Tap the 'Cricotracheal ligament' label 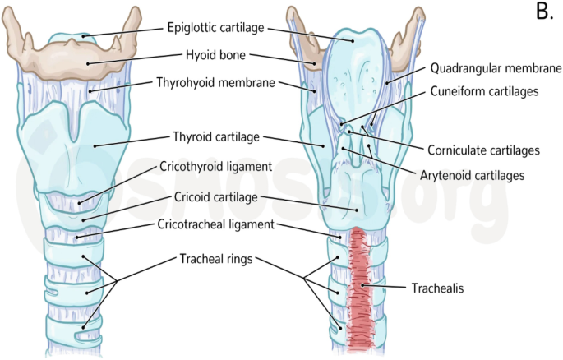pyautogui.click(x=217, y=224)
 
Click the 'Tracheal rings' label pyautogui.click(x=216, y=259)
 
